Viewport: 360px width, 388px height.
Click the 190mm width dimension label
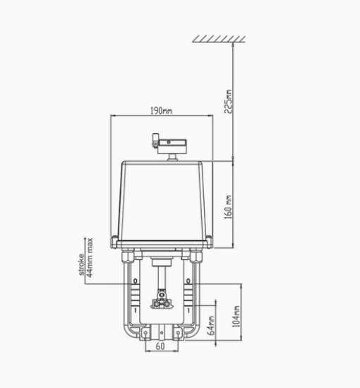(x=162, y=111)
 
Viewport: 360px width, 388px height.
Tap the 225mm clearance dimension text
(x=228, y=102)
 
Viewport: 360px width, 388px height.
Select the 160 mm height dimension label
(x=228, y=207)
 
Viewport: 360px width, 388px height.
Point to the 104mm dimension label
(x=236, y=317)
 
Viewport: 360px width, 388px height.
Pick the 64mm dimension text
(x=211, y=325)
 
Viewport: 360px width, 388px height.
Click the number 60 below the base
(x=160, y=346)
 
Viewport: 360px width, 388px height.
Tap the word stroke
(x=81, y=264)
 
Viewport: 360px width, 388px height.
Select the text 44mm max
(x=90, y=257)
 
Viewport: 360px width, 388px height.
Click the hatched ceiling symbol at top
(x=219, y=39)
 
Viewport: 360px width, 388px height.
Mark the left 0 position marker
(x=135, y=281)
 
